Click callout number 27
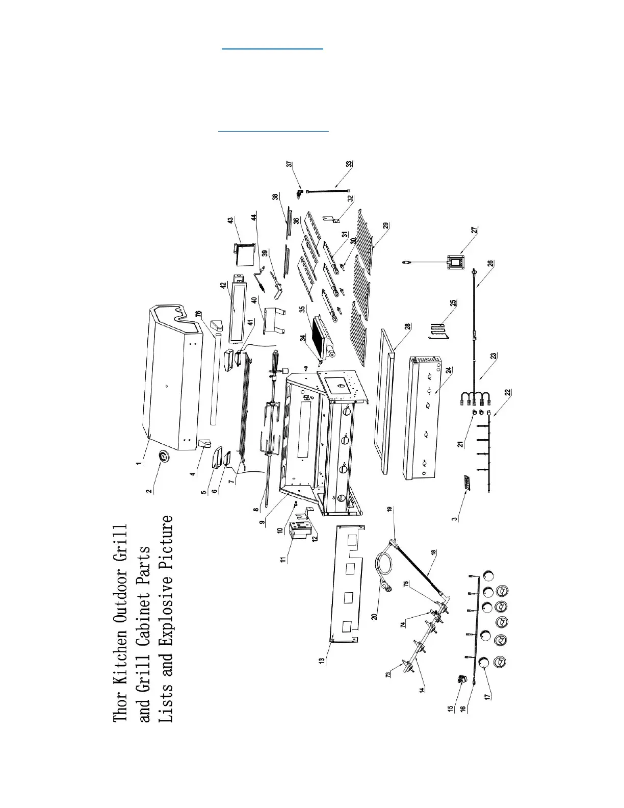[x=475, y=230]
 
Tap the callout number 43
[x=230, y=220]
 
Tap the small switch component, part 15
[x=461, y=679]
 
